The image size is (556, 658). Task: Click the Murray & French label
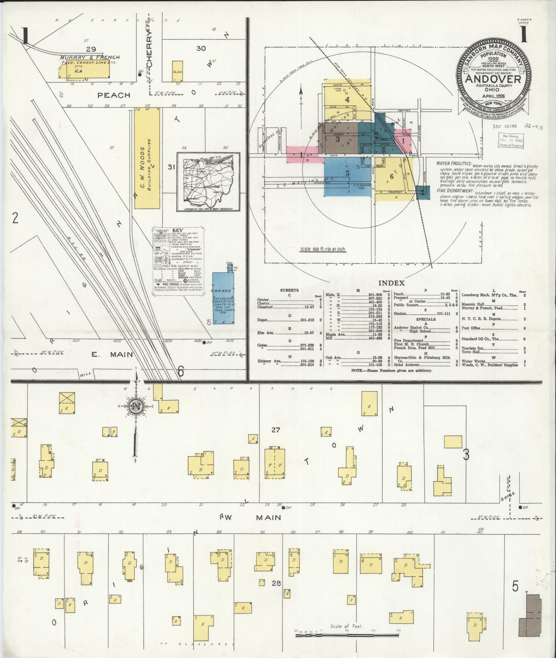(90, 57)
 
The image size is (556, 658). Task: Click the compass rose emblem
(136, 406)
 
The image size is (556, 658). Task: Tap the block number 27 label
(276, 430)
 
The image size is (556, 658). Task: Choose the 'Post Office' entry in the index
(471, 328)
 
